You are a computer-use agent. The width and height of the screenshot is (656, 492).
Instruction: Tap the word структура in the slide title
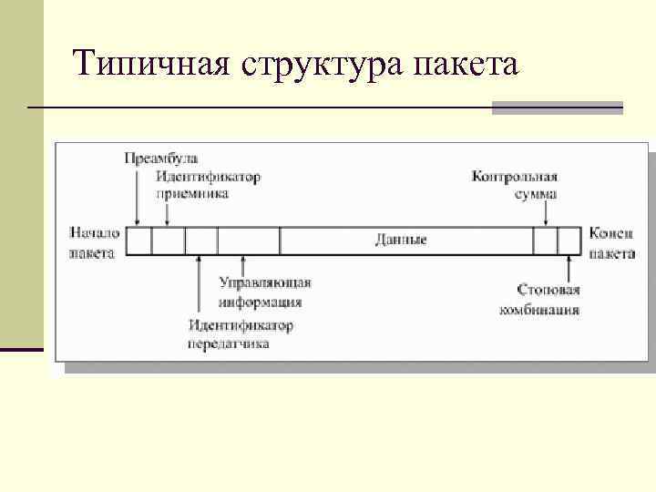pos(327,65)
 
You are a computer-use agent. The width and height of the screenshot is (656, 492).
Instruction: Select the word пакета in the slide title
pos(465,65)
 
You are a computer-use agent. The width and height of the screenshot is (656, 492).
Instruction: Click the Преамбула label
pos(161,159)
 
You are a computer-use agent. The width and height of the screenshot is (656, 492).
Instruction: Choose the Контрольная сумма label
pos(515,185)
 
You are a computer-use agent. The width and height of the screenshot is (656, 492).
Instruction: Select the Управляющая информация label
pos(264,292)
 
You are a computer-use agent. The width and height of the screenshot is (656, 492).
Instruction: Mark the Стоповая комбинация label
pos(538,299)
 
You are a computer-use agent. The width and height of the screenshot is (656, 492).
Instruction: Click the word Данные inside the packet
pos(401,240)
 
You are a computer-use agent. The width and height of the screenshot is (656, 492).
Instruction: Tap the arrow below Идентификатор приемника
pos(168,213)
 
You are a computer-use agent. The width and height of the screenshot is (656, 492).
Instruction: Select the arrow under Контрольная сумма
pos(546,214)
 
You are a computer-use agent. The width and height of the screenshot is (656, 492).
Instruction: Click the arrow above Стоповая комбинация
pos(569,269)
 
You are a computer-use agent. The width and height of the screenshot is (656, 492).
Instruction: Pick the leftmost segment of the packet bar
pos(138,241)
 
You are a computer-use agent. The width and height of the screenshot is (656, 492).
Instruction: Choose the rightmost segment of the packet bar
pos(569,241)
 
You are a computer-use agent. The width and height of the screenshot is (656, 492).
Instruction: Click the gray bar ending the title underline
pos(557,108)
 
